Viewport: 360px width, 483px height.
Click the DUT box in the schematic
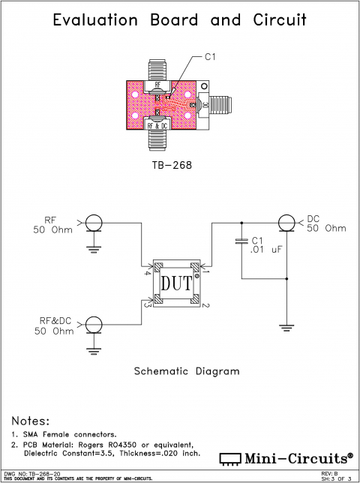click(x=178, y=283)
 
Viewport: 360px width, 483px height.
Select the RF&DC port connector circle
click(x=94, y=324)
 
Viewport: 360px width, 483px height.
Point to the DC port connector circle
click(x=286, y=223)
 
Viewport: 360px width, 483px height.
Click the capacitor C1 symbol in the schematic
click(x=241, y=241)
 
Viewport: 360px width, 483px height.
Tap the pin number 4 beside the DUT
click(x=148, y=273)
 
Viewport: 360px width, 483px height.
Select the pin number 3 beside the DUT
click(x=148, y=305)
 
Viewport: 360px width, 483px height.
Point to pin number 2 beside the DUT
click(x=205, y=305)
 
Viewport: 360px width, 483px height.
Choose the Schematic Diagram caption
click(x=187, y=370)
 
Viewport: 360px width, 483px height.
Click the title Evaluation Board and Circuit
click(x=180, y=20)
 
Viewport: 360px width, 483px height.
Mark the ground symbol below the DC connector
click(x=286, y=326)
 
